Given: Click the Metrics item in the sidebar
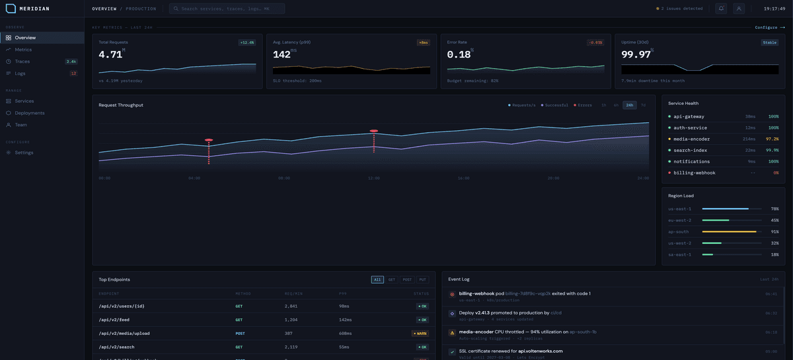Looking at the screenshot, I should [23, 50].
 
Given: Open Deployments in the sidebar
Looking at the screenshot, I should [30, 113].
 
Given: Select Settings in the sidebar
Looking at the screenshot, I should [24, 153].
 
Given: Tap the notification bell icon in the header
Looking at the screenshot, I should [721, 9].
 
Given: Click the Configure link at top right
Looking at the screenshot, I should [769, 28].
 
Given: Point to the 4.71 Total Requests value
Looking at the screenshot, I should [110, 55].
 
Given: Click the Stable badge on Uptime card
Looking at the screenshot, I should [770, 42].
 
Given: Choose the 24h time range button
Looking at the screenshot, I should [630, 105].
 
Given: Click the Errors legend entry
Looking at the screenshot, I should [583, 105].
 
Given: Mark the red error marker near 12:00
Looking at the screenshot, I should [374, 131].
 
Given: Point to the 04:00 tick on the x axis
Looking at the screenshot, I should [194, 178].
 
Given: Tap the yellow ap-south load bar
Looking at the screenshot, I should [729, 232].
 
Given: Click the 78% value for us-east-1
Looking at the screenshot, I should [774, 209].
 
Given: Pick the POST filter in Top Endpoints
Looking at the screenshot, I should [407, 279].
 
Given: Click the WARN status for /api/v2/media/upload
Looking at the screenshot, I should [420, 334].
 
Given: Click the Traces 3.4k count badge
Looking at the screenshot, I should [71, 61].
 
